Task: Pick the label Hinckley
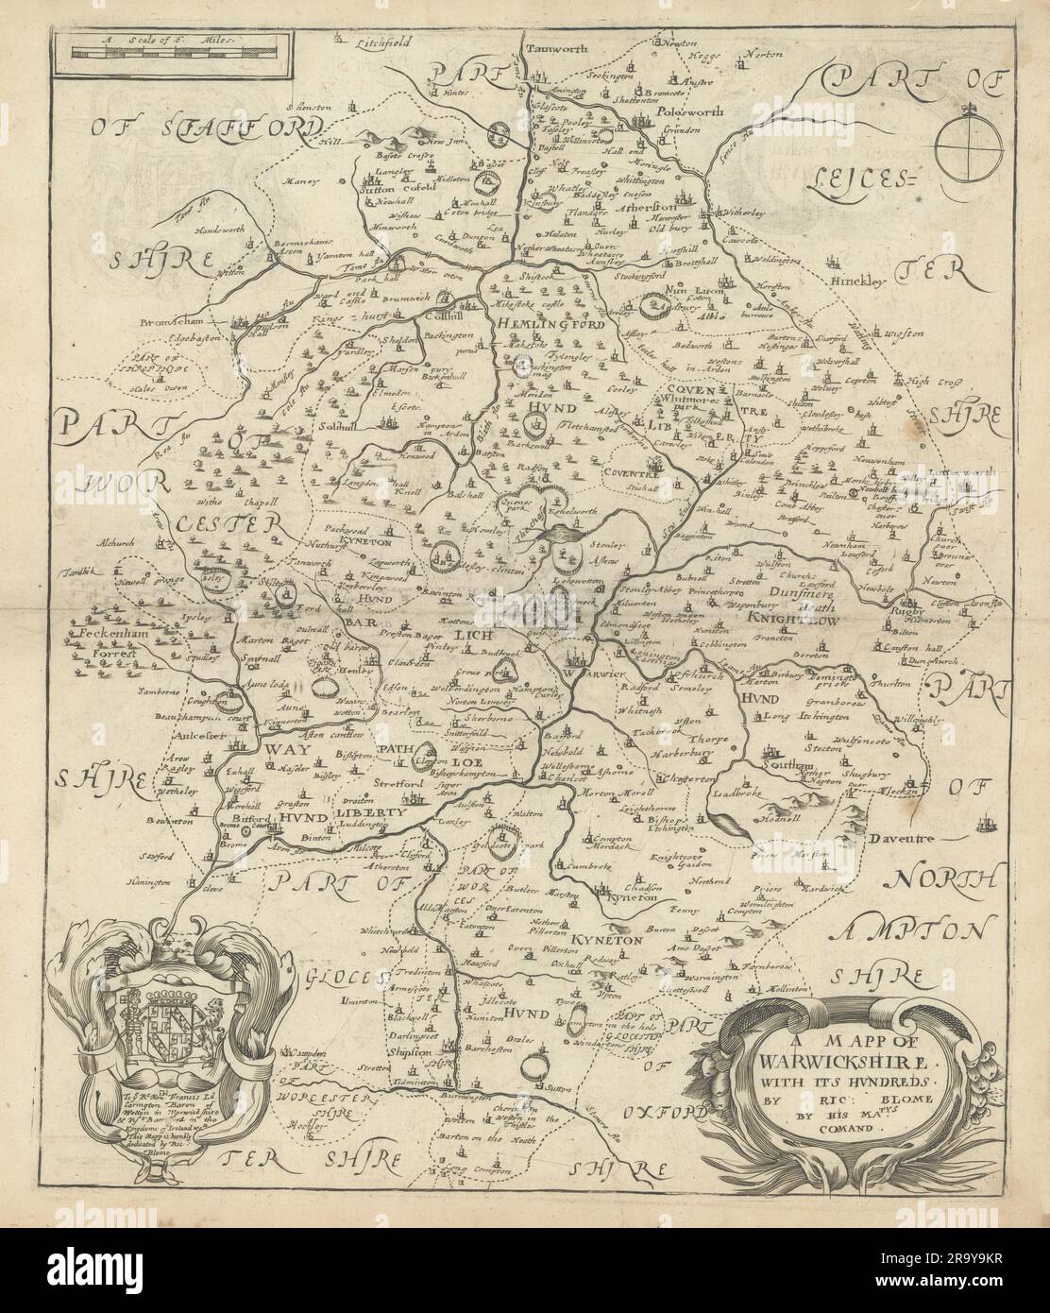[855, 281]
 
